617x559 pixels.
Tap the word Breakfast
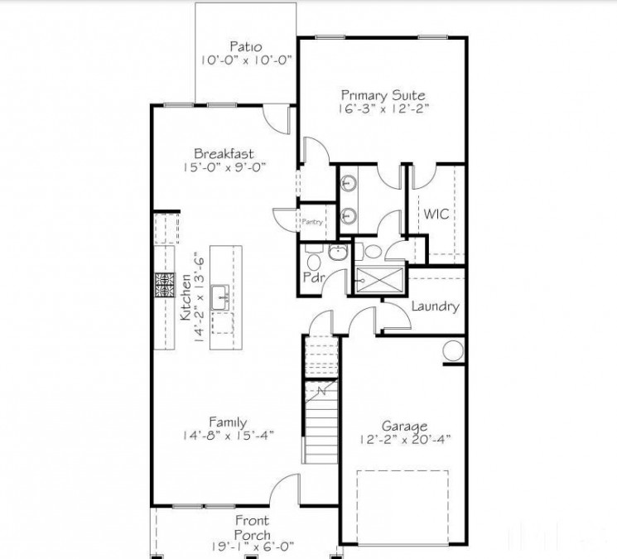tap(223, 153)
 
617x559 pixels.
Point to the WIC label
tap(436, 214)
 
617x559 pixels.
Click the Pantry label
tap(312, 221)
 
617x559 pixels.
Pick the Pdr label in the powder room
tap(313, 277)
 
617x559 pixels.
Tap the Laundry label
tap(434, 306)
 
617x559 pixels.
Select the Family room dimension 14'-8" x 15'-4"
tap(227, 434)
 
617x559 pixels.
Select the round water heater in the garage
tap(452, 350)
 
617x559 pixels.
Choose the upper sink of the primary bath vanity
tap(349, 185)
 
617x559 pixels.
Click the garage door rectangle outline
tap(402, 506)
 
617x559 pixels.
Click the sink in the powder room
tap(338, 253)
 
